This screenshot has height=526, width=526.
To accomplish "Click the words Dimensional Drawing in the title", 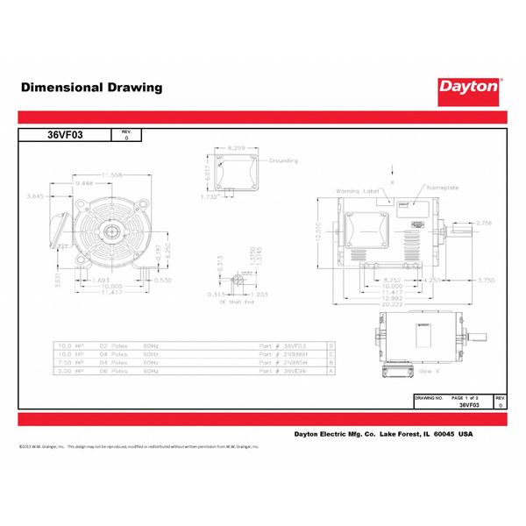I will click(91, 88).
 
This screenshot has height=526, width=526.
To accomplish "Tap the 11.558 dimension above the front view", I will click(112, 175).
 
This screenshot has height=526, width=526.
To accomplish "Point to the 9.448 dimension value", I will click(84, 184).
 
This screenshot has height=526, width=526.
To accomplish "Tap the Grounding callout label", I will click(283, 161).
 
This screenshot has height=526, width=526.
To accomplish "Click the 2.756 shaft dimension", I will click(483, 224).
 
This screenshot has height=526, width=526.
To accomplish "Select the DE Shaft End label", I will click(236, 301).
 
